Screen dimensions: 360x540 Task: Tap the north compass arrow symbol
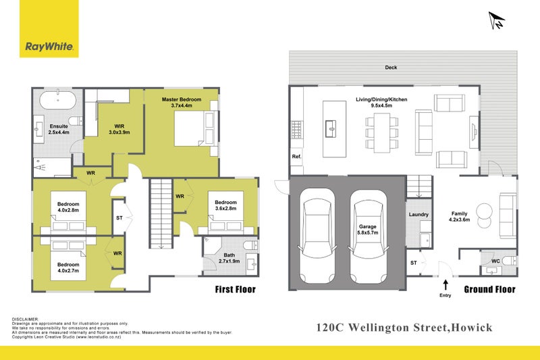click(x=497, y=20)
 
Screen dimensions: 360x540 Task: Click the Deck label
click(x=390, y=68)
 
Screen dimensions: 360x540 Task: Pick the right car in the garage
click(x=367, y=236)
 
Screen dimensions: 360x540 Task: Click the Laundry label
click(x=418, y=215)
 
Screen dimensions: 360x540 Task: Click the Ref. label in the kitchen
click(x=296, y=157)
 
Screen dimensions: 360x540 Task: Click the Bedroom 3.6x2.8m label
click(x=225, y=206)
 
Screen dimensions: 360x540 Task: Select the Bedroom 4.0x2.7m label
click(x=67, y=268)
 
